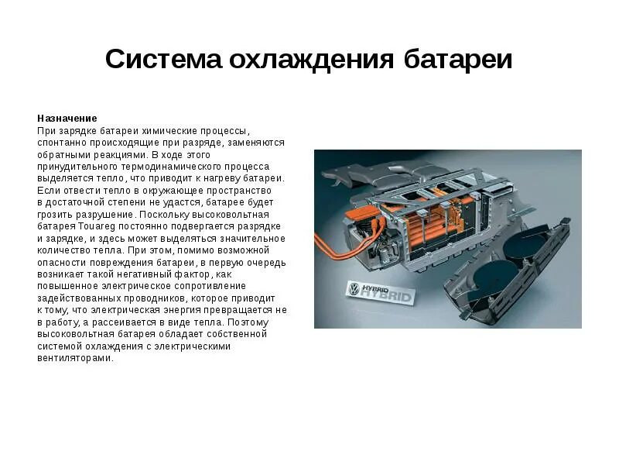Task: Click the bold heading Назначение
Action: (x=67, y=119)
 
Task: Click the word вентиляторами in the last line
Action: (x=75, y=358)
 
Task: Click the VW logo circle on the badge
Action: (x=354, y=290)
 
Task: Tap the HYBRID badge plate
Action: (x=381, y=293)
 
